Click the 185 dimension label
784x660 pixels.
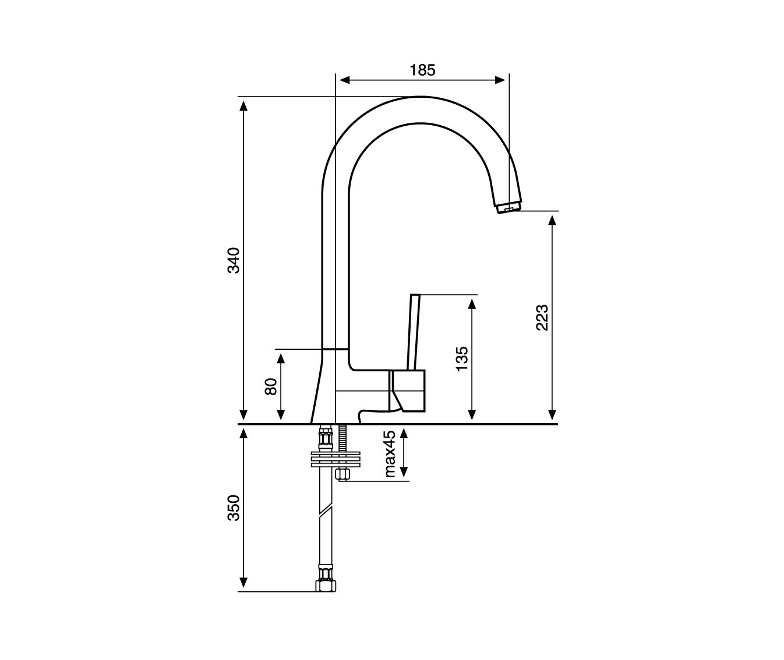(422, 70)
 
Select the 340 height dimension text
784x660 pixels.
(234, 260)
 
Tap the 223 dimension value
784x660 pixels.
(542, 317)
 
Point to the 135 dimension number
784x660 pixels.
(462, 359)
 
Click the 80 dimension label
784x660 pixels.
(271, 386)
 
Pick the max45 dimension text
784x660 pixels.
(390, 453)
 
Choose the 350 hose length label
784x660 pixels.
(234, 508)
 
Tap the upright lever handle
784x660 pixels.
(414, 332)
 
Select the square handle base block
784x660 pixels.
(407, 391)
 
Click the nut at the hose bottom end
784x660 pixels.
(326, 586)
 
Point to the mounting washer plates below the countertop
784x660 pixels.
(336, 460)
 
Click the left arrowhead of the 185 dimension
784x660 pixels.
(344, 80)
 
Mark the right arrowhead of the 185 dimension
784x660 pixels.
(500, 80)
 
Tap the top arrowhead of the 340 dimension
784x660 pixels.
(243, 106)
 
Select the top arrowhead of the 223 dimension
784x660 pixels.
(552, 220)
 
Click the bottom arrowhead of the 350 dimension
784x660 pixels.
(243, 583)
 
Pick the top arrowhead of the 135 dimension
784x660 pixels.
(472, 304)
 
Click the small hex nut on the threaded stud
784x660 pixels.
(343, 474)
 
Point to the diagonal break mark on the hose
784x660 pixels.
(326, 512)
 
